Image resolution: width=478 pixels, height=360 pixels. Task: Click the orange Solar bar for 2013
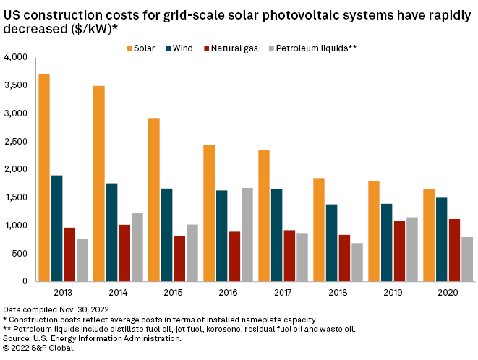click(x=44, y=178)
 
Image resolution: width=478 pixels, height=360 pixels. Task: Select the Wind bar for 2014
click(x=111, y=232)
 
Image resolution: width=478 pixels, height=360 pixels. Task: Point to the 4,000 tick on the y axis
click(x=15, y=57)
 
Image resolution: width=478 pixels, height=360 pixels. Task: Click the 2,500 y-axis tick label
click(x=15, y=141)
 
